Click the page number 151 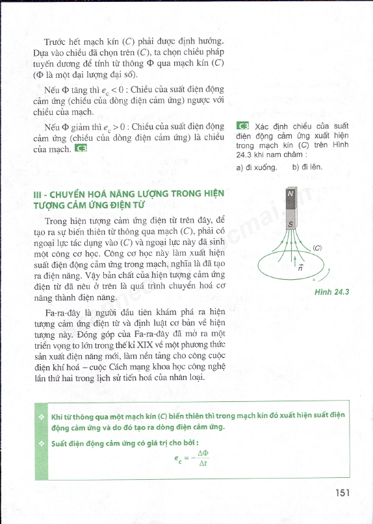click(344, 493)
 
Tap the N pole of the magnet click(290, 193)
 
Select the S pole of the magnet click(290, 224)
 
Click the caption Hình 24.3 click(331, 292)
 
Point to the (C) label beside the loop click(317, 247)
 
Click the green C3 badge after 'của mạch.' click(81, 149)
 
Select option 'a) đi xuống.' click(257, 167)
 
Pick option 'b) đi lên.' click(307, 167)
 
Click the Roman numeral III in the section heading click(38, 193)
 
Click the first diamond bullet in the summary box click(40, 416)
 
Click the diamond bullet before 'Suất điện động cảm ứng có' click(40, 443)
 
